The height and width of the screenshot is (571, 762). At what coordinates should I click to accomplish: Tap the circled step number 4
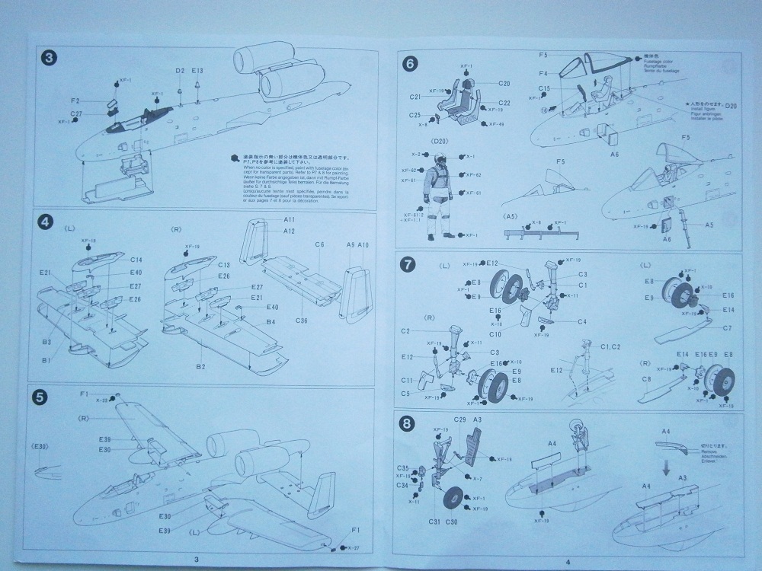(x=46, y=222)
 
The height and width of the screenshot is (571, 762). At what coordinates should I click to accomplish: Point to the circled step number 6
(x=409, y=64)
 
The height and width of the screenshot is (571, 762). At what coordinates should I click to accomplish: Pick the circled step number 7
(x=409, y=265)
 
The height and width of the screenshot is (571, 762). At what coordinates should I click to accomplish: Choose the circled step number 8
(x=408, y=423)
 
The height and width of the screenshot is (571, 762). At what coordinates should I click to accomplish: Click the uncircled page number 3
(x=197, y=560)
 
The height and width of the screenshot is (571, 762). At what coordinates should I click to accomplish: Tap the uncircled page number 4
(x=566, y=562)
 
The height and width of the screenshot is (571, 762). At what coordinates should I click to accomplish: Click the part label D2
(x=180, y=71)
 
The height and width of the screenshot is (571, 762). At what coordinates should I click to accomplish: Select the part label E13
(x=197, y=71)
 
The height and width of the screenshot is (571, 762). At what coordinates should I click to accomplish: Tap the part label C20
(x=504, y=83)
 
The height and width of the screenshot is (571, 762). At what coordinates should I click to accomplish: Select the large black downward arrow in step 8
(x=667, y=471)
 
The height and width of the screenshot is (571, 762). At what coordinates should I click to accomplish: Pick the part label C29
(x=460, y=419)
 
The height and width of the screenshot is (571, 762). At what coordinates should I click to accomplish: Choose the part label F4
(x=544, y=73)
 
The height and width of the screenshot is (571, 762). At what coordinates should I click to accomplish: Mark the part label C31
(x=434, y=522)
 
